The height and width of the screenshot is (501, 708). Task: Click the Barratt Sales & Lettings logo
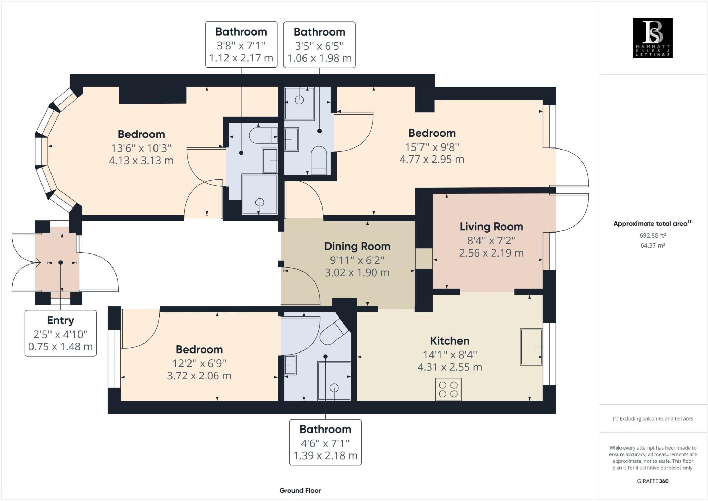[x=652, y=38]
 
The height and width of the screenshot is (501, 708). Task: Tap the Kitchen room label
[x=449, y=341]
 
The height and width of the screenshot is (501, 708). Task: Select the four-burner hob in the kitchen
[x=448, y=389]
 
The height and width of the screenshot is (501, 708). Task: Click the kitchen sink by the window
[x=531, y=347]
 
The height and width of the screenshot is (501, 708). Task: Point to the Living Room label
[x=491, y=227]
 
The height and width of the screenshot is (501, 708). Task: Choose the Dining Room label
[x=357, y=247]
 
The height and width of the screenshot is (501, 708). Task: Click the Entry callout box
[x=60, y=333]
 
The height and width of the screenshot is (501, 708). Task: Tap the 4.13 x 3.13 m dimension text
[x=141, y=161]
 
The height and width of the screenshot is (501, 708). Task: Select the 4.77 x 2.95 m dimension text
[x=431, y=160]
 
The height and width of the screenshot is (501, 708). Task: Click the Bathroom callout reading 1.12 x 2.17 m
[x=241, y=45]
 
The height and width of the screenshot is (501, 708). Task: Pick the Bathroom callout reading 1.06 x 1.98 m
[x=319, y=45]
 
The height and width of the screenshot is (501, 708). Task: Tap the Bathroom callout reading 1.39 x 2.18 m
[x=325, y=442]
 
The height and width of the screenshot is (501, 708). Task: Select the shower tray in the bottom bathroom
[x=334, y=381]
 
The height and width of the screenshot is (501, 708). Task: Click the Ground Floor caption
[x=300, y=490]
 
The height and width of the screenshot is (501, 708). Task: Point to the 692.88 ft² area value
[x=652, y=235]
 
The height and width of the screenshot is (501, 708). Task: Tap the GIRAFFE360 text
[x=652, y=481]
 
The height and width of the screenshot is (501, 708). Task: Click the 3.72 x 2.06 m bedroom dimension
[x=199, y=376]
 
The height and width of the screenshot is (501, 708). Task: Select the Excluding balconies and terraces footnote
[x=653, y=418]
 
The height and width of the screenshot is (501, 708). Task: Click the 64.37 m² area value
[x=652, y=245]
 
